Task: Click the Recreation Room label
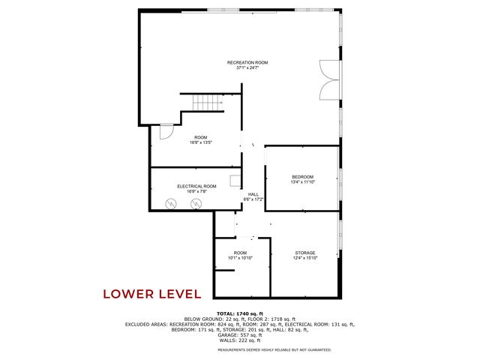click(x=247, y=62)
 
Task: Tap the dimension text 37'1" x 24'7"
click(x=247, y=67)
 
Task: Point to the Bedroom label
click(x=302, y=176)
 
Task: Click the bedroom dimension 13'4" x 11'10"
click(x=302, y=181)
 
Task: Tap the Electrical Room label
click(x=196, y=186)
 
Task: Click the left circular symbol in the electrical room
click(x=171, y=203)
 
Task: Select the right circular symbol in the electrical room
click(x=196, y=203)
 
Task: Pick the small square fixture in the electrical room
click(x=235, y=180)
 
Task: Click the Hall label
click(x=253, y=194)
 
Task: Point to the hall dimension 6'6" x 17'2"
click(x=253, y=199)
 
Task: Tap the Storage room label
click(x=304, y=253)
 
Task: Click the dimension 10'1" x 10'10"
click(x=240, y=258)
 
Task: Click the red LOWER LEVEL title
click(x=151, y=293)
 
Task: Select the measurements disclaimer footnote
click(x=274, y=349)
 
